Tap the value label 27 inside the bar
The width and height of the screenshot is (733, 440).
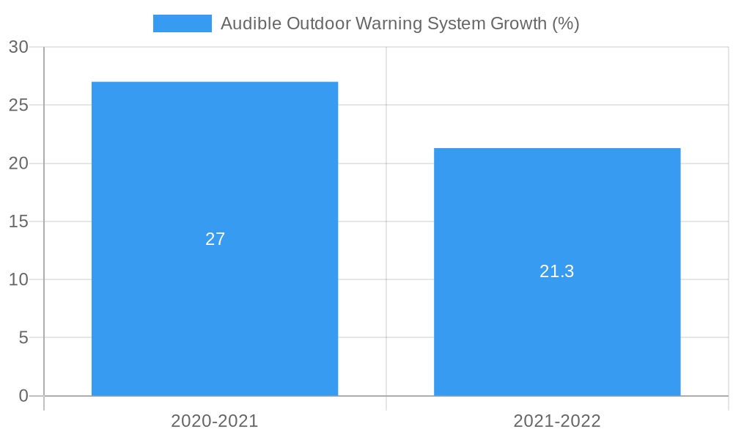point(215,239)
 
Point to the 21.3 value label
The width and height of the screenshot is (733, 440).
point(557,271)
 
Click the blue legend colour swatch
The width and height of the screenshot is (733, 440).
point(182,23)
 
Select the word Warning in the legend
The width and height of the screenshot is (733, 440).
point(385,23)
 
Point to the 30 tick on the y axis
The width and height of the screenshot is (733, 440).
point(18,47)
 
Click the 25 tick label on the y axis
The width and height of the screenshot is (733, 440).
point(18,106)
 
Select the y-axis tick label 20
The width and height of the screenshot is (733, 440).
point(18,164)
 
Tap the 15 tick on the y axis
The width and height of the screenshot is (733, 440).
point(18,221)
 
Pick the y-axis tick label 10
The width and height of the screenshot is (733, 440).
point(18,279)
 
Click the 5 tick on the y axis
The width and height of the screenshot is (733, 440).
point(23,338)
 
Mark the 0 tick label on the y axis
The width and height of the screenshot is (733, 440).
point(23,396)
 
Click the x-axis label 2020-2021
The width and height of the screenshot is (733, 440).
point(215,421)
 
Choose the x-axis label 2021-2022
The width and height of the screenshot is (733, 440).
point(557,421)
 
